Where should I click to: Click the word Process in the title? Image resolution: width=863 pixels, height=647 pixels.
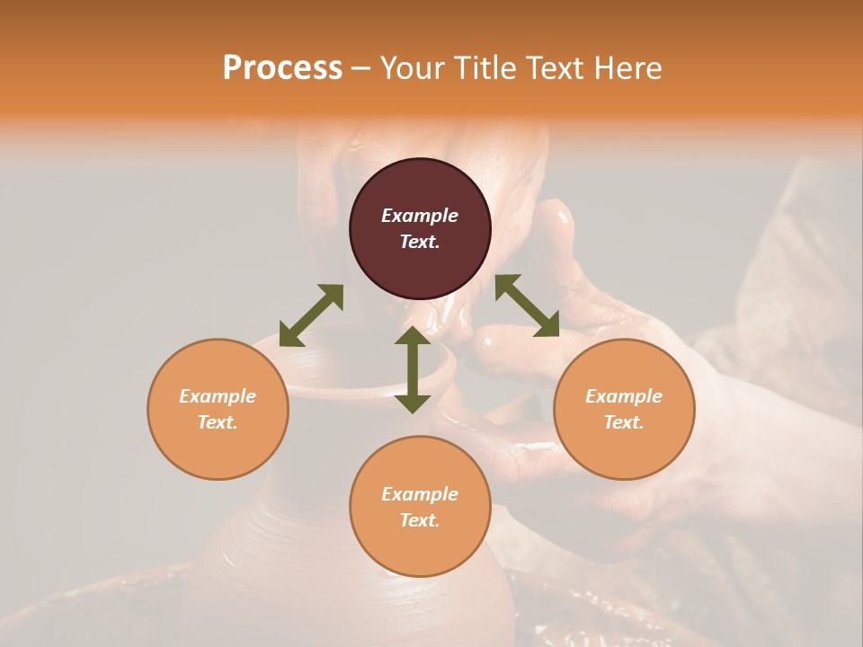click(x=282, y=68)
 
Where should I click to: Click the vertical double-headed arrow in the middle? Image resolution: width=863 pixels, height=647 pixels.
click(x=413, y=369)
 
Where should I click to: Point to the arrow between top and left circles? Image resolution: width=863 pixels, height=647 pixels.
click(x=311, y=315)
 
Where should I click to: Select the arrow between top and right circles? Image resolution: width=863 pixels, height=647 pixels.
click(x=527, y=306)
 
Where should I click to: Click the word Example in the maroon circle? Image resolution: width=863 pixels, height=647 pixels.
click(x=420, y=216)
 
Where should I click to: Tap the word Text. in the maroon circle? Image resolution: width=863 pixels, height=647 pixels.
click(x=420, y=242)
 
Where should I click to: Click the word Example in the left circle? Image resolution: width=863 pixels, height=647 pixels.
click(x=218, y=396)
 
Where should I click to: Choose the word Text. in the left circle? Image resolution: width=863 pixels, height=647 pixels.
click(x=218, y=422)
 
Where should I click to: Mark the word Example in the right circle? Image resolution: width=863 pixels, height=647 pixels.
click(x=624, y=396)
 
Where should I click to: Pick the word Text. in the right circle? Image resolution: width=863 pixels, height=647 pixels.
click(x=624, y=422)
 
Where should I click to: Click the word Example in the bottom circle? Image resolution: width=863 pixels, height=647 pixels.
click(x=420, y=494)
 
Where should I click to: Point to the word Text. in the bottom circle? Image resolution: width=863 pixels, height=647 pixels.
click(x=420, y=520)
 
